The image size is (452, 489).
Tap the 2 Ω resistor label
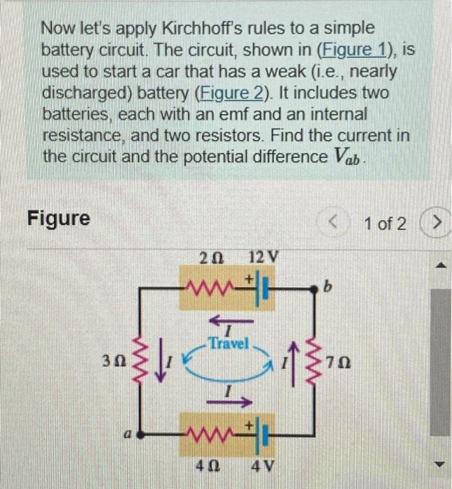pos(208,256)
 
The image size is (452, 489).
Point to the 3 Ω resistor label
pos(114,363)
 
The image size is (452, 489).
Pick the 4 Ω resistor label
pos(208,464)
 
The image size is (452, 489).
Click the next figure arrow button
pos(437,223)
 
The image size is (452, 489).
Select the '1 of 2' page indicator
pos(384,223)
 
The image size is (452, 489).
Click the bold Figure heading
pos(59,219)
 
